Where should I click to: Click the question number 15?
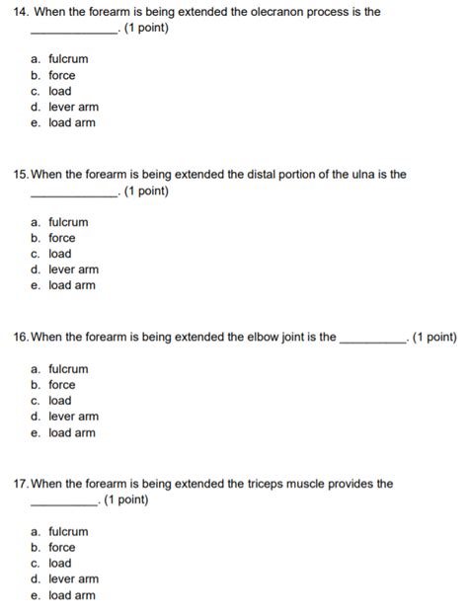tap(21, 175)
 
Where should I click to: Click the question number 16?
tap(21, 337)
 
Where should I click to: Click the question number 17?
tap(21, 484)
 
